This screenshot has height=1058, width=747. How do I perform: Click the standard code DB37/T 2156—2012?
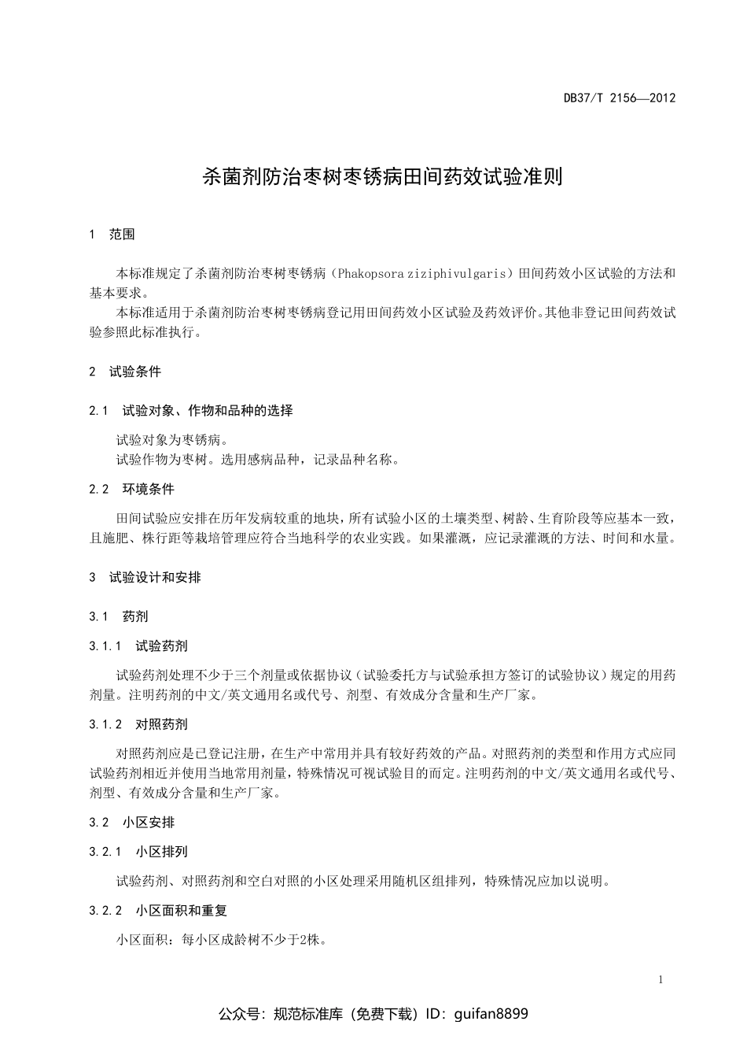pyautogui.click(x=620, y=98)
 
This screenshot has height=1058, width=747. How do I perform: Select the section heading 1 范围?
pyautogui.click(x=112, y=234)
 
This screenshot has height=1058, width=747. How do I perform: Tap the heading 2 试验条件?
pyautogui.click(x=125, y=372)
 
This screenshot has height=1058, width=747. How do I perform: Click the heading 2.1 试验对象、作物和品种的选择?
pyautogui.click(x=191, y=410)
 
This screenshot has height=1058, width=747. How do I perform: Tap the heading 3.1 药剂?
pyautogui.click(x=119, y=616)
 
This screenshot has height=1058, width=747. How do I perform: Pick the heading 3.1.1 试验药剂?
pyautogui.click(x=138, y=646)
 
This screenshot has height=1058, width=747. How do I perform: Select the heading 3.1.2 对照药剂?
pyautogui.click(x=138, y=724)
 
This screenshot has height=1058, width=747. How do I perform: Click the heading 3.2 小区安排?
pyautogui.click(x=131, y=823)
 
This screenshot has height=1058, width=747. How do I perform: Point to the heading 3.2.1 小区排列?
pyautogui.click(x=138, y=852)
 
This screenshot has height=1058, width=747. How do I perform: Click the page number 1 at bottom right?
pyautogui.click(x=661, y=980)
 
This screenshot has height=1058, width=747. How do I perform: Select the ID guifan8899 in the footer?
pyautogui.click(x=491, y=1014)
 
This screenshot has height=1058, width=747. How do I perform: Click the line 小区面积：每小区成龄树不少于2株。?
pyautogui.click(x=222, y=940)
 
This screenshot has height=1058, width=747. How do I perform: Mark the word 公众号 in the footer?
pyautogui.click(x=238, y=1014)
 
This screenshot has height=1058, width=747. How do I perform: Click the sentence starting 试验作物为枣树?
pyautogui.click(x=258, y=460)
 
